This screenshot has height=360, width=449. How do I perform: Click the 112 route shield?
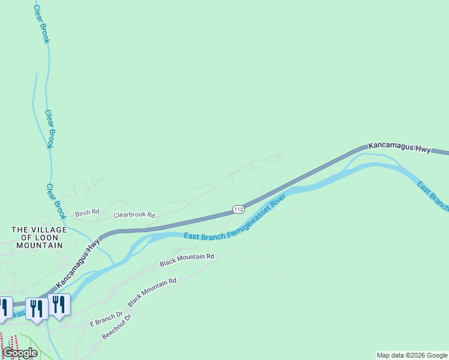pyautogui.click(x=238, y=209)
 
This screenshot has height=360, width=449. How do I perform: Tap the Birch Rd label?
pyautogui.click(x=87, y=214)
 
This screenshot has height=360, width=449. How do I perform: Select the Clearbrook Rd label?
pyautogui.click(x=134, y=215)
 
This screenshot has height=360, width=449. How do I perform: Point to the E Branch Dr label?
pyautogui.click(x=106, y=319)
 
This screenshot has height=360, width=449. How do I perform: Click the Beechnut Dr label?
pyautogui.click(x=116, y=326)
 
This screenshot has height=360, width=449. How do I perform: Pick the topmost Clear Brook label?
pyautogui.click(x=41, y=23)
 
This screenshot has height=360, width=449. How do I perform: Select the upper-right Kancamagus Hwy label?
pyautogui.click(x=399, y=148)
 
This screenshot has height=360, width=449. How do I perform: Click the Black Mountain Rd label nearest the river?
pyautogui.click(x=187, y=260)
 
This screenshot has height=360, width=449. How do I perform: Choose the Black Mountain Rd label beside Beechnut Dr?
pyautogui.click(x=152, y=292)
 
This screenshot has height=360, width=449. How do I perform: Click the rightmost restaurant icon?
pyautogui.click(x=59, y=304)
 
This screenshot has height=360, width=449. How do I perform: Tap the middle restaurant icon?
pyautogui.click(x=38, y=308)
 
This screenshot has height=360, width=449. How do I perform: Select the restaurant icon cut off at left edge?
pyautogui.click(x=4, y=307)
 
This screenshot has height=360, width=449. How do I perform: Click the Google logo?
pyautogui.click(x=20, y=353)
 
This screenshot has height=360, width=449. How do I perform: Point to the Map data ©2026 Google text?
pyautogui.click(x=412, y=355)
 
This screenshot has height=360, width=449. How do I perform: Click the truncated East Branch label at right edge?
pyautogui.click(x=432, y=196)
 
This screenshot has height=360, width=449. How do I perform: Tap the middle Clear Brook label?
pyautogui.click(x=50, y=129)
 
